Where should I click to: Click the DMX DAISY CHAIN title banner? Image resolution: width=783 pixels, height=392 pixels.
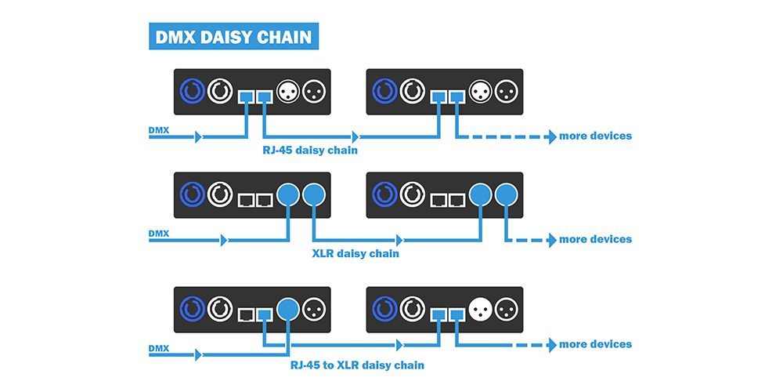[233, 36]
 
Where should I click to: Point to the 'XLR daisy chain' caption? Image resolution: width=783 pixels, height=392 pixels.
[355, 253]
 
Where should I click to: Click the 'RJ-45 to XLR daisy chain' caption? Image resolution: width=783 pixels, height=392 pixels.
[356, 365]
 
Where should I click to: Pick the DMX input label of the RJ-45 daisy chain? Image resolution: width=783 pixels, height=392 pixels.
[158, 129]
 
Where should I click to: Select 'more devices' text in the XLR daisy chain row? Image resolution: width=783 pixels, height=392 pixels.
[595, 239]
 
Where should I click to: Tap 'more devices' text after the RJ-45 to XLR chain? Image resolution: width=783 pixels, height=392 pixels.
[595, 344]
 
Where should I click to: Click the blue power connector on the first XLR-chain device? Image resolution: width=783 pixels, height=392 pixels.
[192, 193]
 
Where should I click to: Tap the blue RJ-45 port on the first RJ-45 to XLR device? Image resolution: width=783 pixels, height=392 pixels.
[265, 314]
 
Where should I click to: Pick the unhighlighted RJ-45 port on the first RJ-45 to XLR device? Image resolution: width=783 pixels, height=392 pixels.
[246, 314]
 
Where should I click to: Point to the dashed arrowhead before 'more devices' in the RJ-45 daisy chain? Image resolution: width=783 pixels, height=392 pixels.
[551, 136]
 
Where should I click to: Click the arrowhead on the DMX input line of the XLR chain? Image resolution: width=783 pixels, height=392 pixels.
[224, 239]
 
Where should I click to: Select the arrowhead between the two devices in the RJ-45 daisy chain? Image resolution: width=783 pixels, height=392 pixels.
[357, 136]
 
